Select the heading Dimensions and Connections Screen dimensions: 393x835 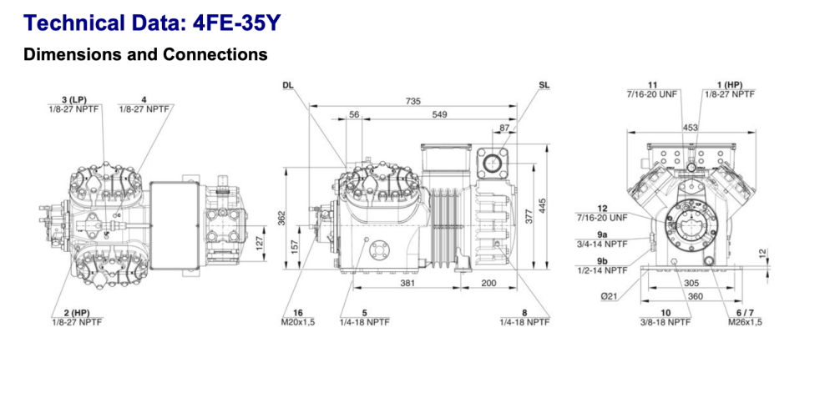145,55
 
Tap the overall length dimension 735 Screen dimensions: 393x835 412,100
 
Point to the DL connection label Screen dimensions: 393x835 288,86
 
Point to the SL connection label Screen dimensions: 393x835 544,86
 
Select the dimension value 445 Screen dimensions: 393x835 544,205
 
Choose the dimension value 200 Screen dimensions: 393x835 488,283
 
